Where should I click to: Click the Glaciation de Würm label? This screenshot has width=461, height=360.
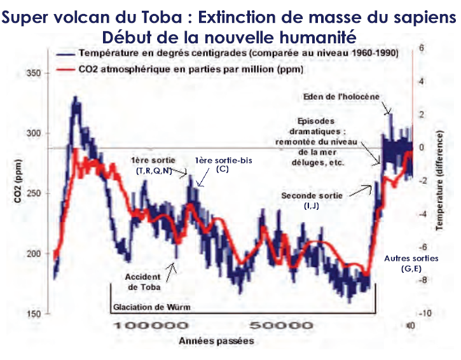[152, 307]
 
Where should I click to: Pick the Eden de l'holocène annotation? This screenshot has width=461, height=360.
[349, 96]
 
